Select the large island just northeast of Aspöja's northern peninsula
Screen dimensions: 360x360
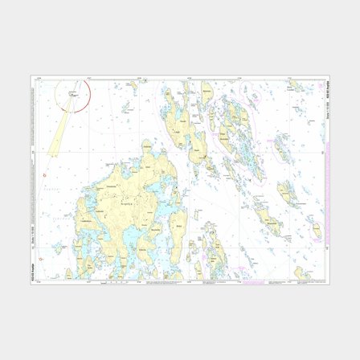(180, 121)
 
